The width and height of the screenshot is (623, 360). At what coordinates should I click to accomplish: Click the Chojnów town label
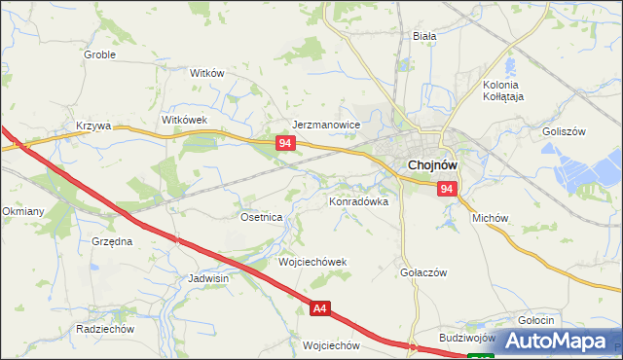pyautogui.click(x=434, y=166)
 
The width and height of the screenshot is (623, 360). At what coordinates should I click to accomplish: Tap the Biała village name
pyautogui.click(x=423, y=36)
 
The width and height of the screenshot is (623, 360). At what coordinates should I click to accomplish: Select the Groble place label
pyautogui.click(x=99, y=54)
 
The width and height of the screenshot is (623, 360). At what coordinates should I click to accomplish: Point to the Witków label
pyautogui.click(x=207, y=74)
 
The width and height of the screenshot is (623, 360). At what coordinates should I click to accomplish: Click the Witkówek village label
pyautogui.click(x=185, y=119)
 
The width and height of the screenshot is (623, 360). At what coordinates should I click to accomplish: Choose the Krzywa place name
pyautogui.click(x=94, y=126)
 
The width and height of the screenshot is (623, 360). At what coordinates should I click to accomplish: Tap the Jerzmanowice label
pyautogui.click(x=327, y=126)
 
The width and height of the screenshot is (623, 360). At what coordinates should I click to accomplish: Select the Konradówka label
pyautogui.click(x=358, y=202)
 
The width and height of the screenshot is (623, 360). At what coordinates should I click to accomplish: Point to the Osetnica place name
pyautogui.click(x=261, y=218)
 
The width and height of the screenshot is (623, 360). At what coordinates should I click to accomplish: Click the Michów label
pyautogui.click(x=491, y=219)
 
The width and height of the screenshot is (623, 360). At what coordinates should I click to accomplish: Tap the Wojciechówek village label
pyautogui.click(x=312, y=263)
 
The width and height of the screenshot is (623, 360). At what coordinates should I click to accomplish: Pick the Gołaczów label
pyautogui.click(x=422, y=273)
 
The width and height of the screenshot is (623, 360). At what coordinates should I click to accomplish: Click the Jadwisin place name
pyautogui.click(x=208, y=278)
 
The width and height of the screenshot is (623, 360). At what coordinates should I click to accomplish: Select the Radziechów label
pyautogui.click(x=104, y=329)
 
